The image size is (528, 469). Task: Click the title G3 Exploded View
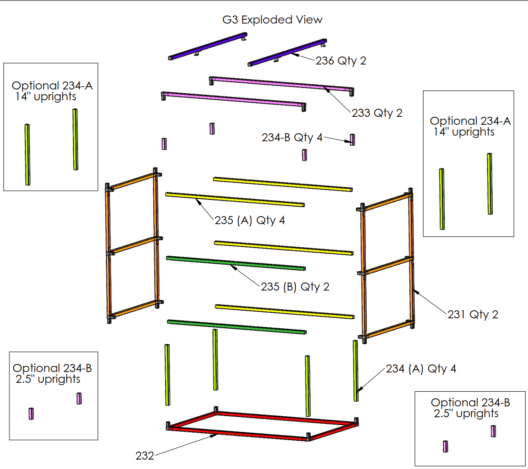click(x=272, y=20)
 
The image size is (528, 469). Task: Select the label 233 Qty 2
click(x=377, y=113)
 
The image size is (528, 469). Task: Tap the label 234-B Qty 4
click(x=292, y=137)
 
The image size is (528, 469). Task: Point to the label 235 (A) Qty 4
click(x=250, y=220)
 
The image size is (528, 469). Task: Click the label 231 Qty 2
click(x=473, y=314)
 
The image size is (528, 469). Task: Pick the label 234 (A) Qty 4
click(x=421, y=368)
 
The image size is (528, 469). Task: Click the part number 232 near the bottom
click(x=145, y=456)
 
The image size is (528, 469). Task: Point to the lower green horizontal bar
click(x=237, y=326)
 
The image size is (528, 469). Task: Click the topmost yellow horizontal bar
click(x=283, y=184)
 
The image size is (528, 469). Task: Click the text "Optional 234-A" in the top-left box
click(x=52, y=86)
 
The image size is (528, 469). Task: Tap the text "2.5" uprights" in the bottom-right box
click(x=466, y=413)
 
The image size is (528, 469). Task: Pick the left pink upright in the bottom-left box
click(x=32, y=413)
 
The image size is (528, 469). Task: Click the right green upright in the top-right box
click(x=489, y=184)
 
